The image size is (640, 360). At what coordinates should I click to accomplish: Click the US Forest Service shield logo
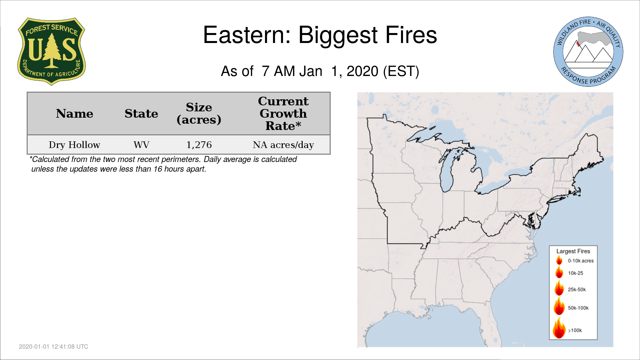(x=51, y=52)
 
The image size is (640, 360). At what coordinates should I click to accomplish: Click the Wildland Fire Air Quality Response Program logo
(x=588, y=52)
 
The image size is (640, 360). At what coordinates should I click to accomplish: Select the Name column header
(x=75, y=114)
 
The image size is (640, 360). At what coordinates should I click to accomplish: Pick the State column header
(x=141, y=114)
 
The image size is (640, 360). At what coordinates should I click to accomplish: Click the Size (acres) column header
(x=199, y=113)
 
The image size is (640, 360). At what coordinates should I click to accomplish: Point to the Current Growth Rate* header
(x=283, y=113)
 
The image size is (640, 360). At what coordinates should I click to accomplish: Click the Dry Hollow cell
(x=74, y=145)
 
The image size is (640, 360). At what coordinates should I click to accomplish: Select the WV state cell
(x=141, y=145)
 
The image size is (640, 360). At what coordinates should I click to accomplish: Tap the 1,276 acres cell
(x=199, y=145)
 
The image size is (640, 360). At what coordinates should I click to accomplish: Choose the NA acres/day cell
(x=283, y=145)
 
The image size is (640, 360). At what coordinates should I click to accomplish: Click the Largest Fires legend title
(x=573, y=251)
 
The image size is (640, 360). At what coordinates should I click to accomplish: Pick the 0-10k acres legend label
(x=581, y=261)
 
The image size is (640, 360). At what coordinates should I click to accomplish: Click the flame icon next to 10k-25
(x=559, y=272)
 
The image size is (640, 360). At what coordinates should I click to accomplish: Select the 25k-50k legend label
(x=577, y=290)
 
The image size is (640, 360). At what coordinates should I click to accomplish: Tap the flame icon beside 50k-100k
(x=559, y=306)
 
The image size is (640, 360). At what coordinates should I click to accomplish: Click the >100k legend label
(x=575, y=330)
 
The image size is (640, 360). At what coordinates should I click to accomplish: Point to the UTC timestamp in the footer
(x=54, y=347)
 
